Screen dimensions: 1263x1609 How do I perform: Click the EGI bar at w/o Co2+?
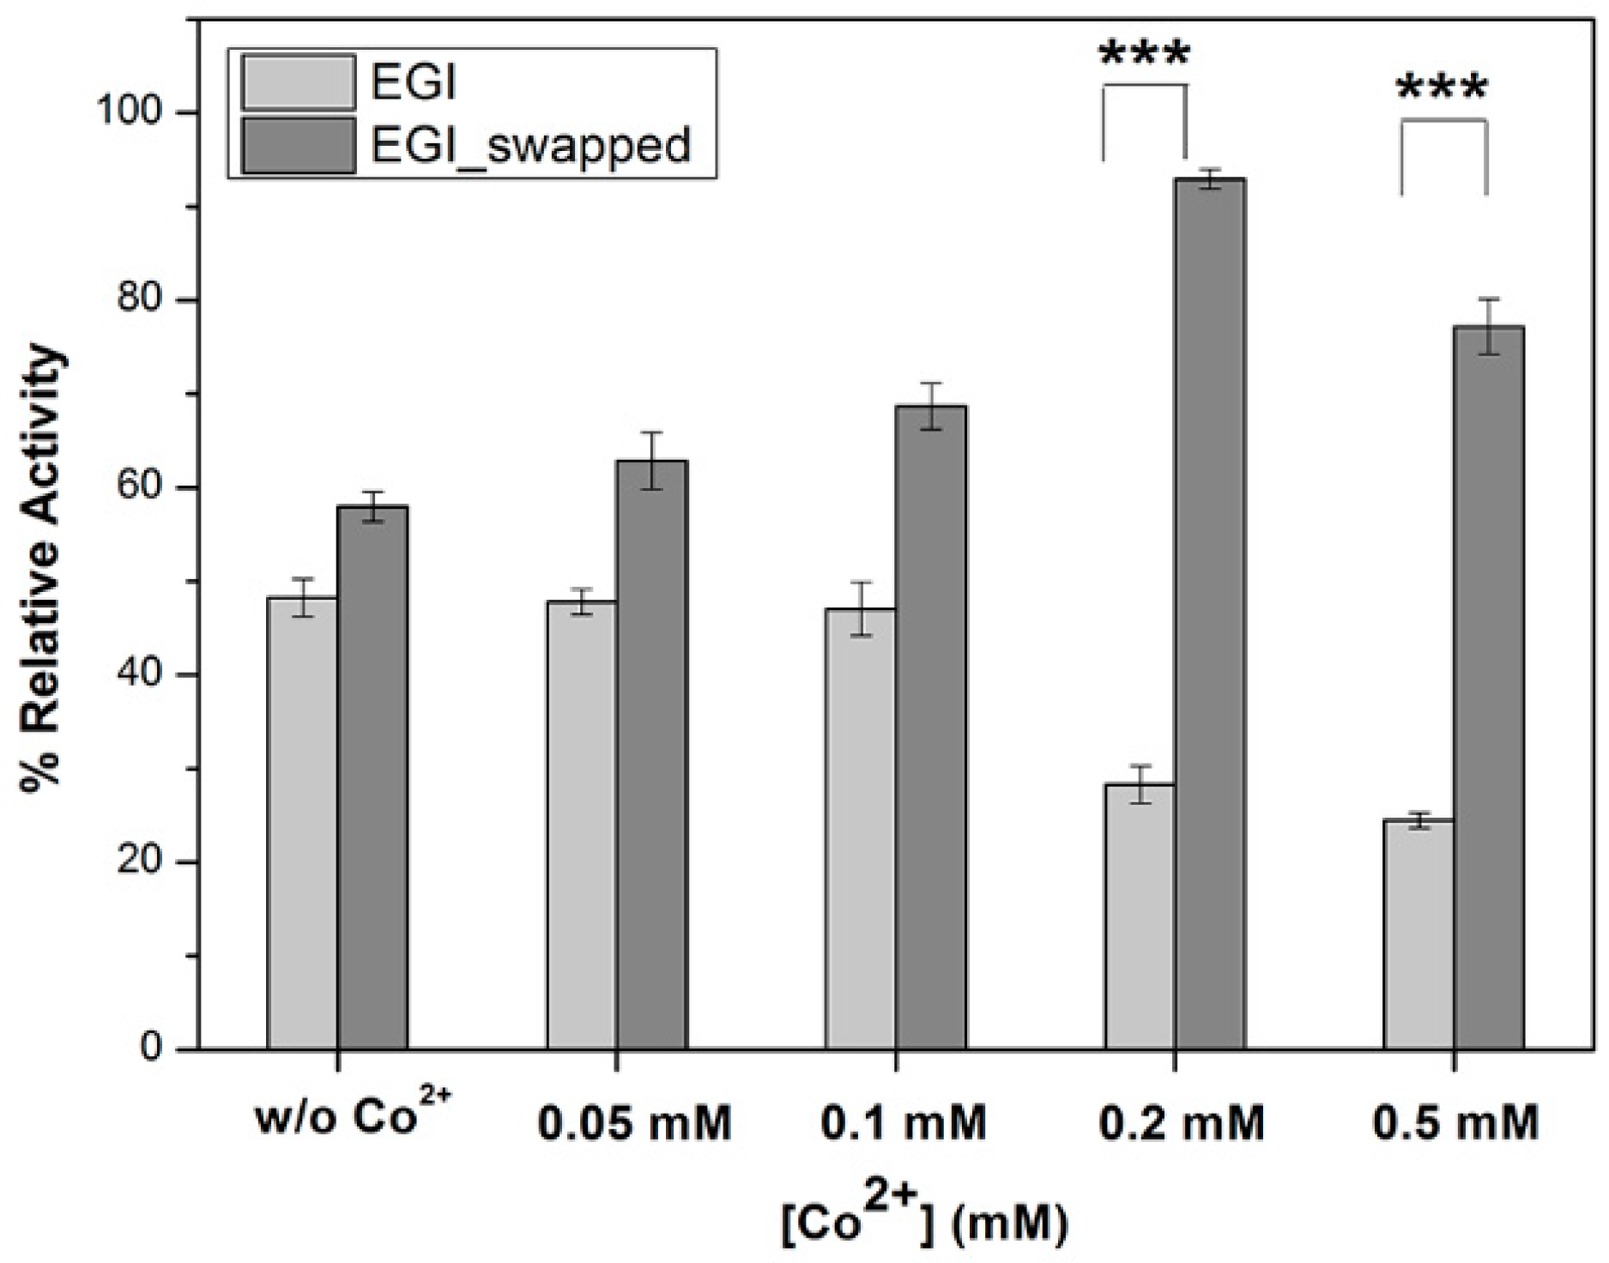(x=302, y=824)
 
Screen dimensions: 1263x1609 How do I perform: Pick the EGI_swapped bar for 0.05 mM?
(x=651, y=755)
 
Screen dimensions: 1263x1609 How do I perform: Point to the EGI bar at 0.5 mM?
(x=1419, y=935)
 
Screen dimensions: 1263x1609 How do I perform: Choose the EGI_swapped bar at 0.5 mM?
(x=1489, y=686)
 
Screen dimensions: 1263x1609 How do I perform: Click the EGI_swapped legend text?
(x=530, y=144)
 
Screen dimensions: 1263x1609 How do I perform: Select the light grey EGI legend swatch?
(x=298, y=83)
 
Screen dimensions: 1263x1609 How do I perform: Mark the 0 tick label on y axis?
(x=153, y=1048)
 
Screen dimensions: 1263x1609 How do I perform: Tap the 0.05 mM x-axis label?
(x=635, y=1124)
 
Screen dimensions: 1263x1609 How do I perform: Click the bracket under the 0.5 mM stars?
(x=1443, y=122)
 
